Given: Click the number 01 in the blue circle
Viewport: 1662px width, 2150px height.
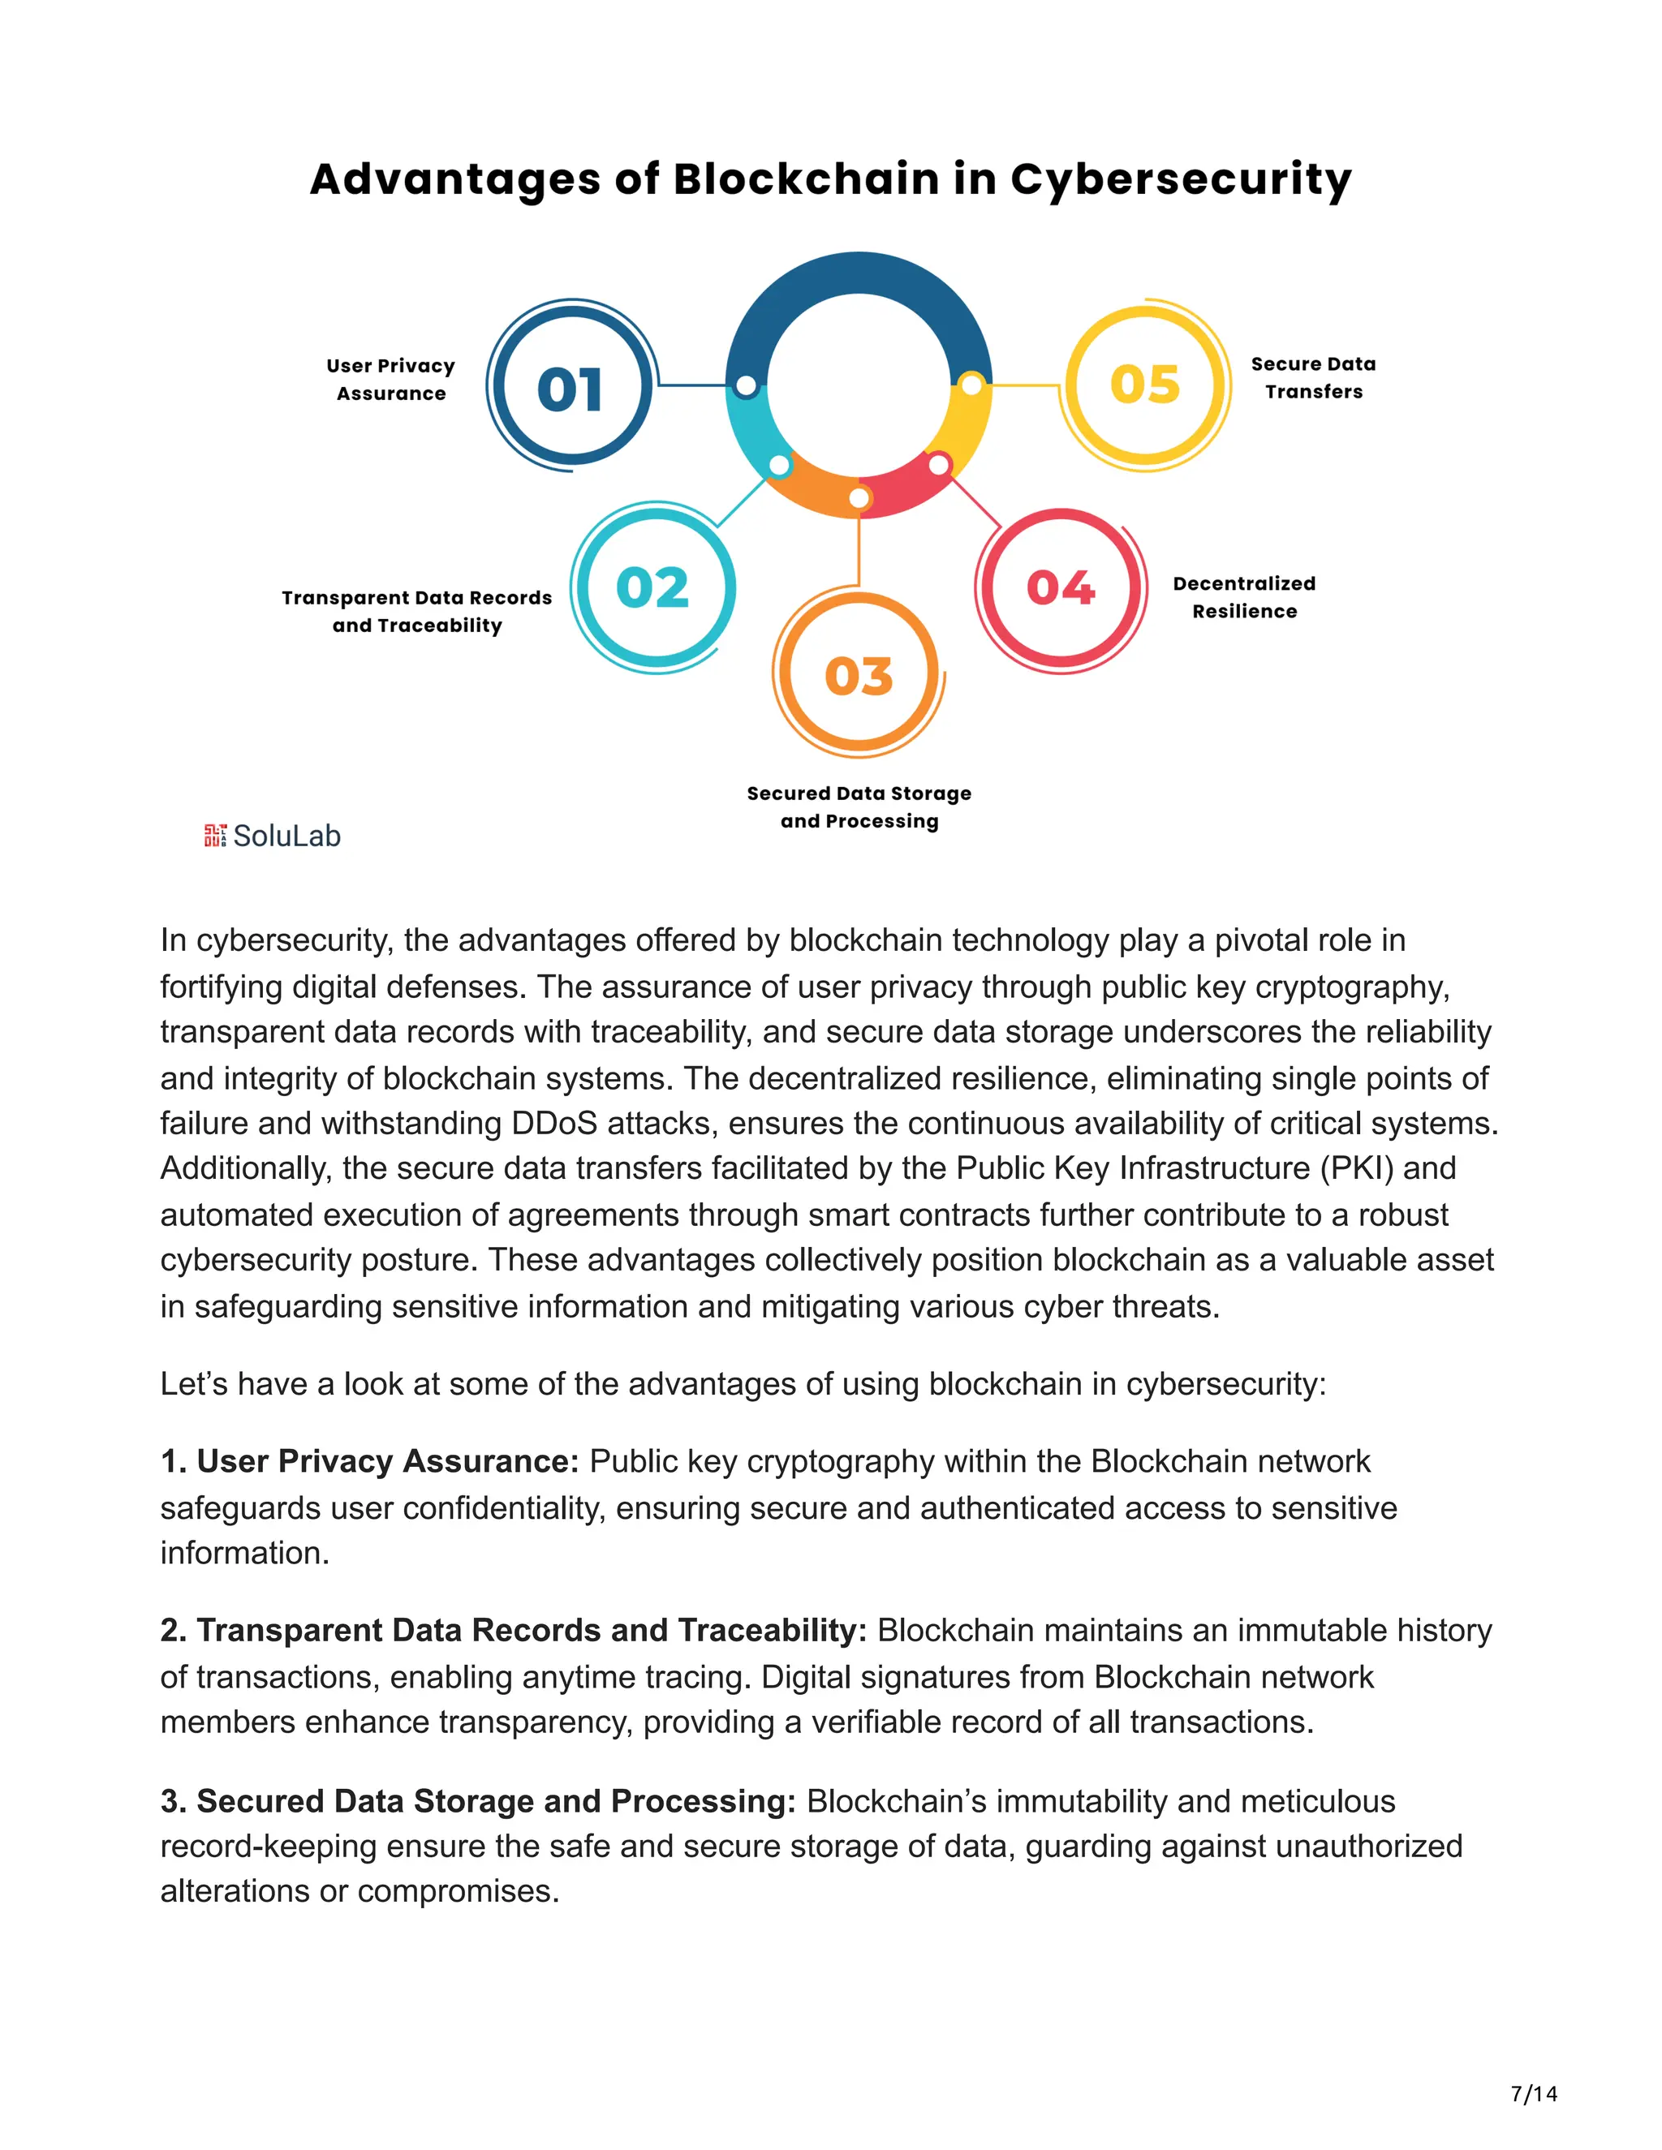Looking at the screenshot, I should pyautogui.click(x=570, y=389).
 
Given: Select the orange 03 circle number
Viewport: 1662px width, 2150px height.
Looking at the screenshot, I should pyautogui.click(x=859, y=677).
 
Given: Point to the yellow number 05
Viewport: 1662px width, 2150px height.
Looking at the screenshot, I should pyautogui.click(x=1144, y=384).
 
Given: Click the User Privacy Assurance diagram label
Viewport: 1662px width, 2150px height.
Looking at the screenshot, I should pyautogui.click(x=391, y=379).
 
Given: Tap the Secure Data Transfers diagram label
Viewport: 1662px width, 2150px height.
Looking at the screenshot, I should pyautogui.click(x=1314, y=377).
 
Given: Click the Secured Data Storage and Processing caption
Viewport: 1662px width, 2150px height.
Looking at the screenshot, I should pyautogui.click(x=859, y=806).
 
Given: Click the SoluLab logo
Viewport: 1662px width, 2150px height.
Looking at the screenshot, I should pyautogui.click(x=273, y=836).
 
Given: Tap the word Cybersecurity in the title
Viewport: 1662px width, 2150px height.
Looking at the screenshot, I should pyautogui.click(x=1181, y=179).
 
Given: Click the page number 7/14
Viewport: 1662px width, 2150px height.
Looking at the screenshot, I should pyautogui.click(x=1533, y=2093).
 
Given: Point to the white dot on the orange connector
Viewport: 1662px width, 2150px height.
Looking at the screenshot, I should pyautogui.click(x=859, y=498).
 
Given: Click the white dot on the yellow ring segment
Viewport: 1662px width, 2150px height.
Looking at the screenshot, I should pyautogui.click(x=971, y=385).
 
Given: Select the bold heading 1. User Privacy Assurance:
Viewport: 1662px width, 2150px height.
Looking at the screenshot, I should pyautogui.click(x=369, y=1461).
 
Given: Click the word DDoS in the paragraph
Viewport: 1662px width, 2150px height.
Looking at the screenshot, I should pyautogui.click(x=553, y=1122).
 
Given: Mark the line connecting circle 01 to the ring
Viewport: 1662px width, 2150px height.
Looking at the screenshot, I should pyautogui.click(x=692, y=385).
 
